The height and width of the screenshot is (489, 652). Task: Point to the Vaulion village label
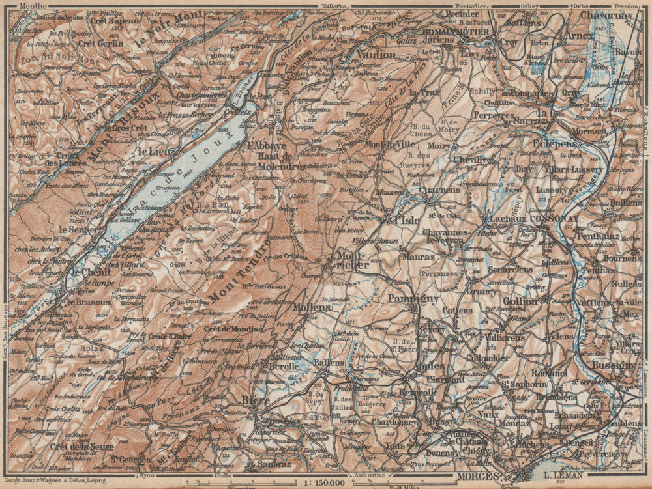376,55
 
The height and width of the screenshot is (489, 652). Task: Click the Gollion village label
520,301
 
